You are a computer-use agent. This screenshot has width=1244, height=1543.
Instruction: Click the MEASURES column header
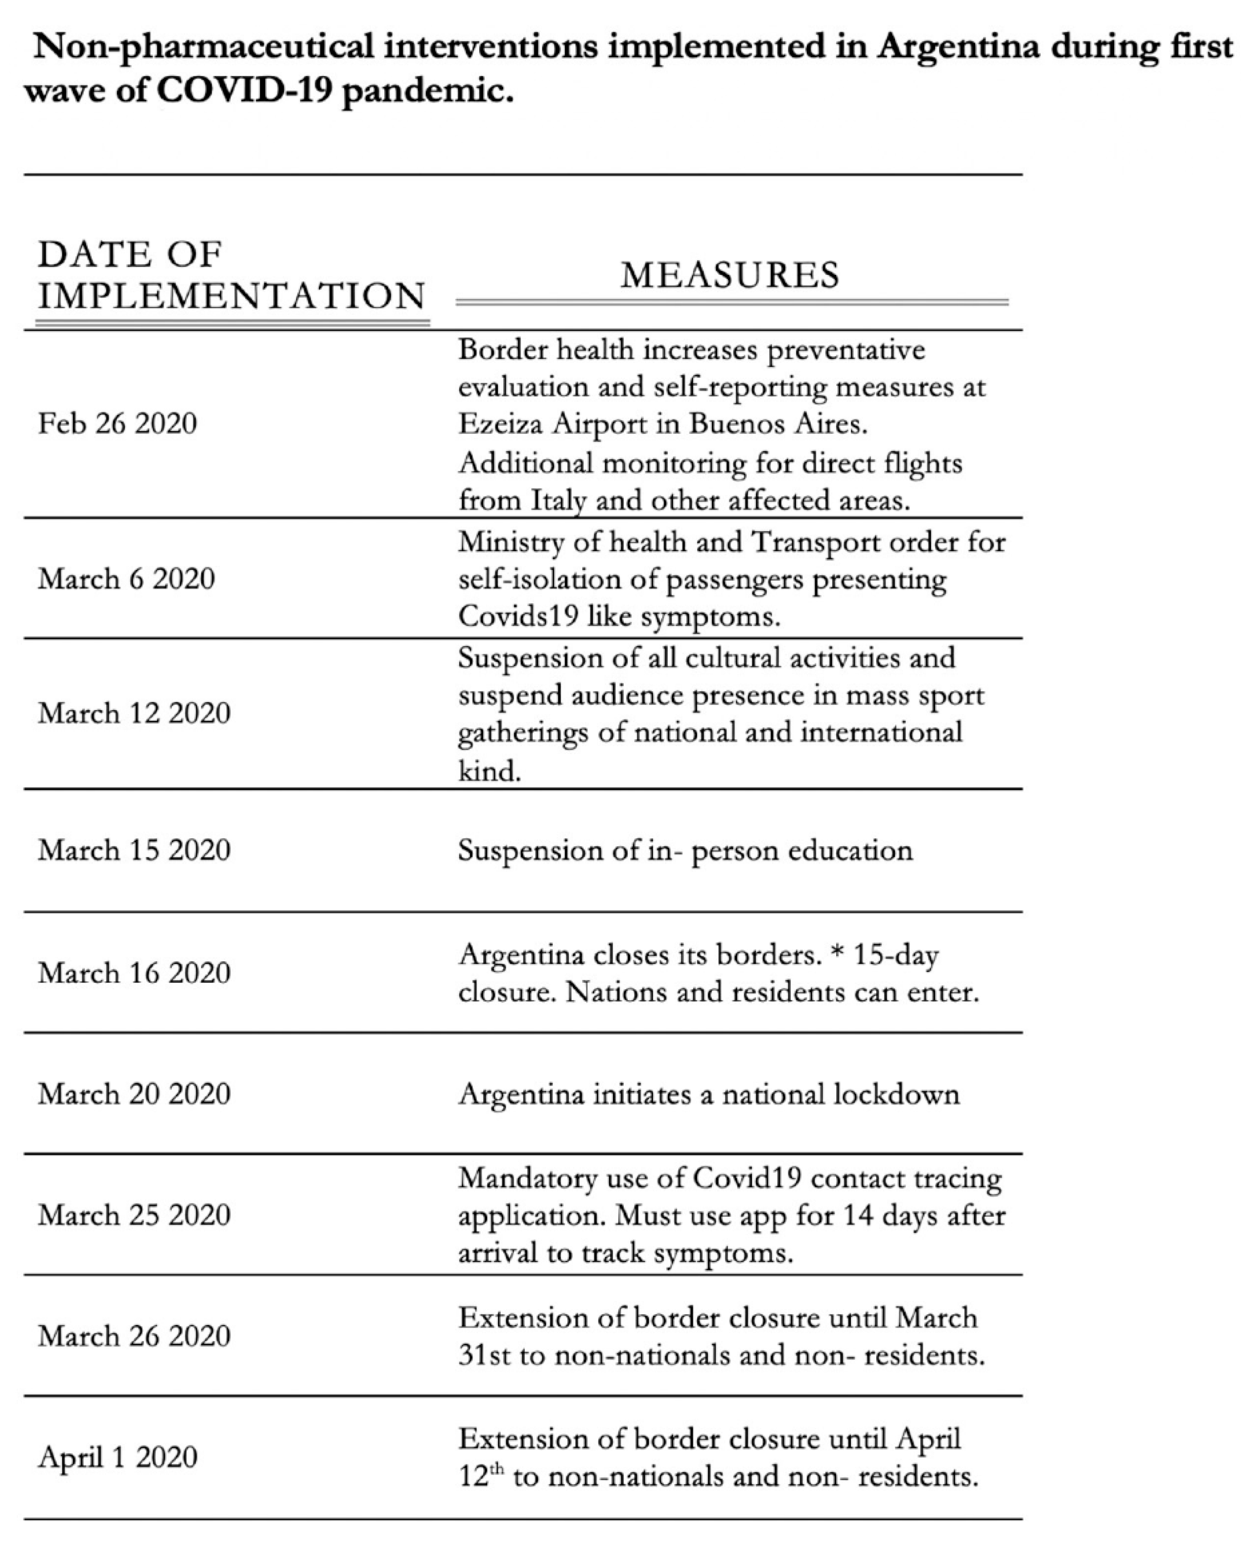coord(729,275)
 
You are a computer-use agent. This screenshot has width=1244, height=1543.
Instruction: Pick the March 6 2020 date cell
coord(126,579)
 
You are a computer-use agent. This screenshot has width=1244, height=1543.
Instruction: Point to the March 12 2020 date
coord(134,713)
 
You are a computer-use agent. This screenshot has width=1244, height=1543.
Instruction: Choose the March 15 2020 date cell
coord(134,850)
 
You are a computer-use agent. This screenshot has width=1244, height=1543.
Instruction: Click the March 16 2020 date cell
coord(134,973)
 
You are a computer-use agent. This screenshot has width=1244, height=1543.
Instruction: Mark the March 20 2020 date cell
coord(134,1094)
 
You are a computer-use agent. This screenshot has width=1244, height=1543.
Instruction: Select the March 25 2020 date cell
coord(134,1215)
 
